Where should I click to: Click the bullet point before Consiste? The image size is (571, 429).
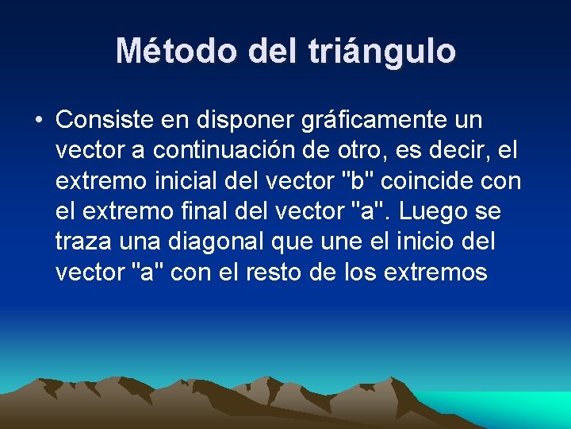click(38, 121)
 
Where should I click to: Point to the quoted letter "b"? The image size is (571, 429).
click(358, 180)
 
